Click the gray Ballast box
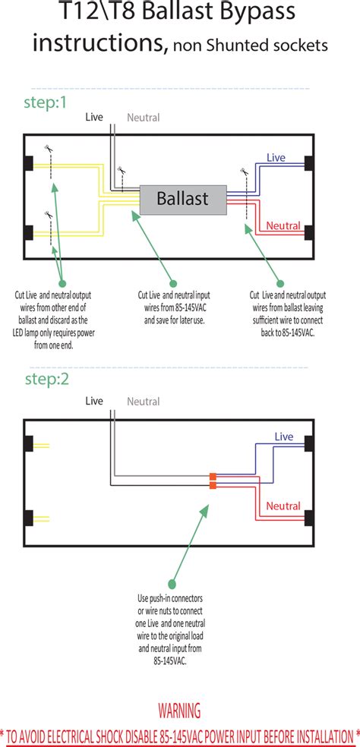coord(182,199)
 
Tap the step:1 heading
coord(46,102)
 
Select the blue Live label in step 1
coord(276,157)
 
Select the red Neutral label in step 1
coord(283,225)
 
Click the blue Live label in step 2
coord(284,437)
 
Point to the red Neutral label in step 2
coord(283,506)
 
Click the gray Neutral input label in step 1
coord(143,117)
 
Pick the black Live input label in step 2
coord(94,401)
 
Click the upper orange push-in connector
coord(213,477)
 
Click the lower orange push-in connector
coord(213,485)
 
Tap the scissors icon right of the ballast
coord(245,171)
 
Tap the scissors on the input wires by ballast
coord(121,169)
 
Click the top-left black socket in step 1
coord(28,163)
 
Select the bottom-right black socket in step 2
coord(309,518)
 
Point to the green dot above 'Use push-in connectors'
coord(172,584)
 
